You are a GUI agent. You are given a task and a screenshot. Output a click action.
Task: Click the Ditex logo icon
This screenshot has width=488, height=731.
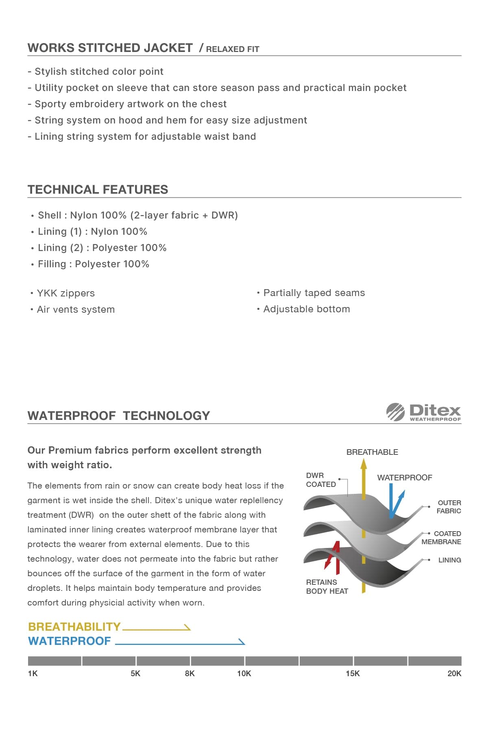pos(395,412)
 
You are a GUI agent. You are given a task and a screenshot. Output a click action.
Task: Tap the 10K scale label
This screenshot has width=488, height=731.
pos(244,673)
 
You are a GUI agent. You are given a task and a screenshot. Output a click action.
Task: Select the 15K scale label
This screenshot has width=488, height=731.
pos(353,673)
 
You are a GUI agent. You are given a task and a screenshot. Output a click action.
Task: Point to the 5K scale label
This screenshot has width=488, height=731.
pos(135,673)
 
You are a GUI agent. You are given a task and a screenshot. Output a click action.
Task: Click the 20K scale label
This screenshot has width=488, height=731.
pos(454,673)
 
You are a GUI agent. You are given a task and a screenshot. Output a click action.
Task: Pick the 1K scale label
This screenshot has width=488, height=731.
pos(33,673)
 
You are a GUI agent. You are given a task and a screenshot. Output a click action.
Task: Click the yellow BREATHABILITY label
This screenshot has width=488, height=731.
pos(74,627)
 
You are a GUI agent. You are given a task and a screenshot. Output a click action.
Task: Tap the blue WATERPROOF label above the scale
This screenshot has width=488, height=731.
pos(70,641)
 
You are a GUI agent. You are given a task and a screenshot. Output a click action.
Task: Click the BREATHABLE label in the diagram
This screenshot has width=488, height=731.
pos(372,452)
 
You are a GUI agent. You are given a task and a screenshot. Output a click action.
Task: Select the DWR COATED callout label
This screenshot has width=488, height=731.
pos(320,480)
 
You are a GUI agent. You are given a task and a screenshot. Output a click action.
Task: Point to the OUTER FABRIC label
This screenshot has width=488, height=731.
pos(449,507)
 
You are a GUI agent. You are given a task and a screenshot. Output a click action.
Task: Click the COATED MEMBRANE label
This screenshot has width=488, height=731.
pos(442,538)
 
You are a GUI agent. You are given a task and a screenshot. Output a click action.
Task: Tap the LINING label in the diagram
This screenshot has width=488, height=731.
pos(449,560)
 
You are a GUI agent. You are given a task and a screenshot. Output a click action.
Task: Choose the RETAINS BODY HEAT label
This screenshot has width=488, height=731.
pos(327,586)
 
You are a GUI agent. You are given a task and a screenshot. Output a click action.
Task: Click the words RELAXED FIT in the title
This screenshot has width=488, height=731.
pos(232,49)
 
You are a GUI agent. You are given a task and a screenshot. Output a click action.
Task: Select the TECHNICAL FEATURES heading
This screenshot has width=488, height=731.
pos(98,189)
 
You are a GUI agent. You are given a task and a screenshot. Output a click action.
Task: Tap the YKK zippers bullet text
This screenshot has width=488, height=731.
pos(65,293)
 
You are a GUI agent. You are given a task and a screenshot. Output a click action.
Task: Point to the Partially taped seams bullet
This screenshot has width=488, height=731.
pos(314,293)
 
